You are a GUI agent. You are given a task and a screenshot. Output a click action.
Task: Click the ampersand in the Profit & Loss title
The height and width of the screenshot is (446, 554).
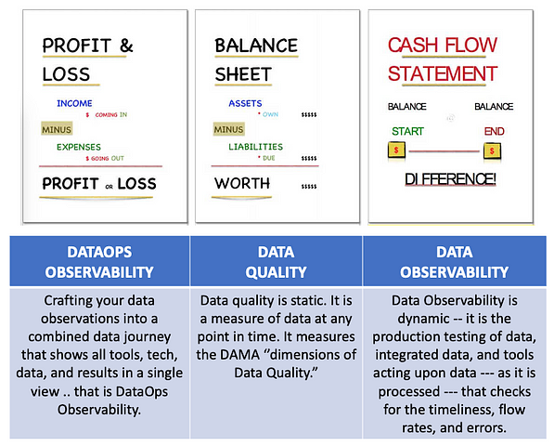click(126, 46)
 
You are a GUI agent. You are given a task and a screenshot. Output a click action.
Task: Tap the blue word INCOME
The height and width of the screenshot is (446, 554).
click(74, 103)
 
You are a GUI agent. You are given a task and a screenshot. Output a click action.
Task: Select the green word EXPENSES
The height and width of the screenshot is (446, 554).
click(79, 147)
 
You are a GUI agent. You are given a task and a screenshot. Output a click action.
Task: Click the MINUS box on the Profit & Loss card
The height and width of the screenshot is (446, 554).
click(57, 129)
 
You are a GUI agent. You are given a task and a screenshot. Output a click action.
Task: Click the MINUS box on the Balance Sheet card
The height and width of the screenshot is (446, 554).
click(228, 129)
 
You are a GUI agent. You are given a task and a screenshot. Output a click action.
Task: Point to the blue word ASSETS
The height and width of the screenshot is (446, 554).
click(245, 103)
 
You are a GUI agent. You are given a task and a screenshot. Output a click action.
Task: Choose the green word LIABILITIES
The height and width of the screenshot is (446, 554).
click(256, 147)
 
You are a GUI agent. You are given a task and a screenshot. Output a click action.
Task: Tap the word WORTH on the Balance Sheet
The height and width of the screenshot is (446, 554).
click(242, 183)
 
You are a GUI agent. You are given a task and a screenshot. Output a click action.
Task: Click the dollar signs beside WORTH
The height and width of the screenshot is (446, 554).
click(309, 187)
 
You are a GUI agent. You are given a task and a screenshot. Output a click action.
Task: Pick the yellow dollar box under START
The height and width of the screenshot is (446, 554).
click(396, 150)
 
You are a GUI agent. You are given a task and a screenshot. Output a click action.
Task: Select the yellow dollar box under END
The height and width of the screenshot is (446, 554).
click(492, 151)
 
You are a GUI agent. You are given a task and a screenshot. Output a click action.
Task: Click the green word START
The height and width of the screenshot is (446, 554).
click(407, 131)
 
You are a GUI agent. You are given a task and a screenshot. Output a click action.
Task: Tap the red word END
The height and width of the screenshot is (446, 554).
click(494, 131)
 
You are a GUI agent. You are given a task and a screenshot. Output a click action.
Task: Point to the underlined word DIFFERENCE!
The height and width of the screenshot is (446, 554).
click(450, 179)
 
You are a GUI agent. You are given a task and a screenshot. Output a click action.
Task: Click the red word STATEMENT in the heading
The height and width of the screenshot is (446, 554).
click(443, 73)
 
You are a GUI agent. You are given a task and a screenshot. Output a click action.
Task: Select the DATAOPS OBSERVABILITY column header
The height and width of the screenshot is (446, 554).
click(99, 262)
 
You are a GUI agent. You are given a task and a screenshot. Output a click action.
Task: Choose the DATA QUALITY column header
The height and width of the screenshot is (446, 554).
click(276, 262)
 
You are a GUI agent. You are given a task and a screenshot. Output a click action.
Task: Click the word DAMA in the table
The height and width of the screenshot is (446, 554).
click(240, 354)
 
